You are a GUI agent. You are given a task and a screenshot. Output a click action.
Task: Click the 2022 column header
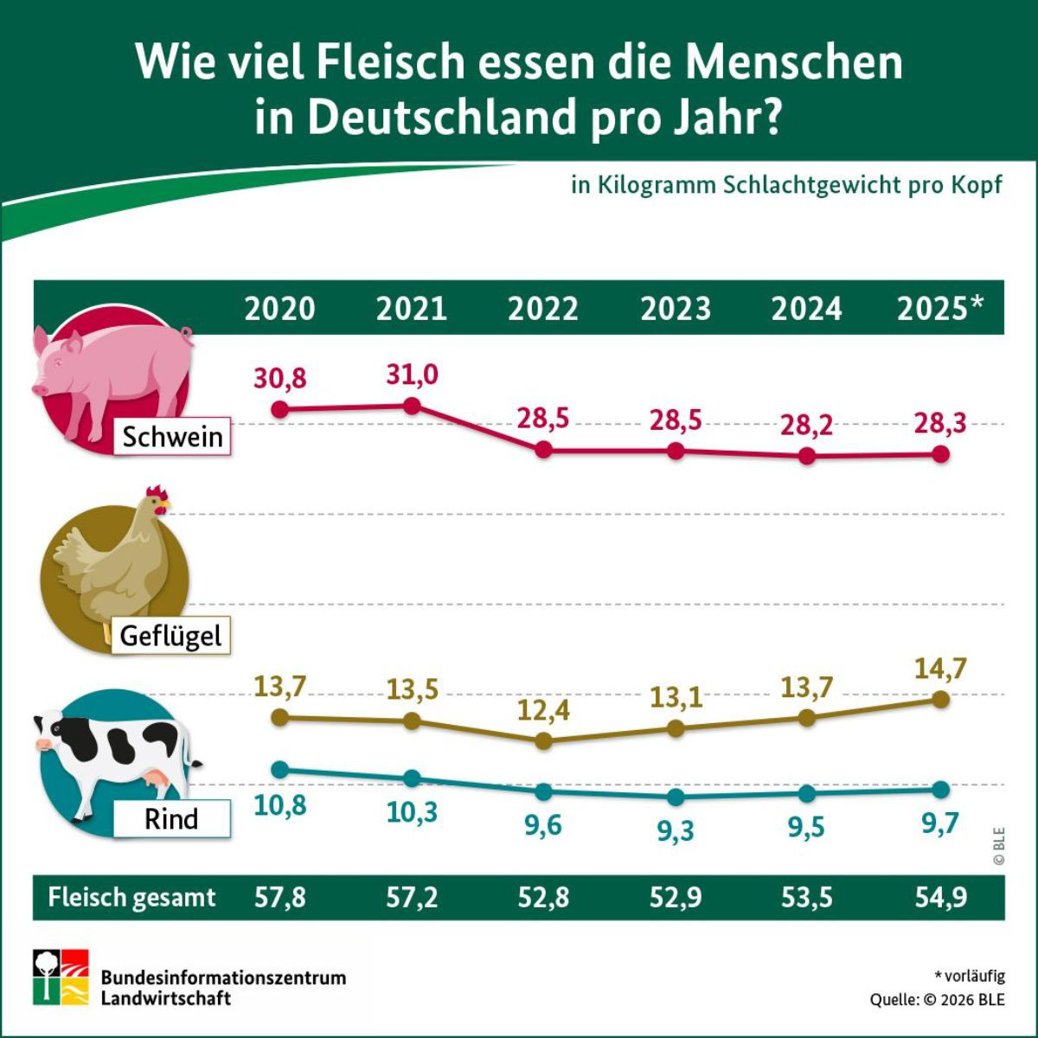click(542, 309)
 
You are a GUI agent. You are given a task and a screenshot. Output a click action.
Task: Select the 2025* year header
click(939, 309)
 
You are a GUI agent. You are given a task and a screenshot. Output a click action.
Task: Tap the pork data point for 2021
click(413, 406)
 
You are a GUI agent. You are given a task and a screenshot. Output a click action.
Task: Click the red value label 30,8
click(279, 379)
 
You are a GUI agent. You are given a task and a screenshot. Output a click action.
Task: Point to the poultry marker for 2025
click(941, 699)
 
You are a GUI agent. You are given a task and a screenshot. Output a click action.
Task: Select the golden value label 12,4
click(543, 712)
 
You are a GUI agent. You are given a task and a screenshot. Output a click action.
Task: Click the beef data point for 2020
click(279, 769)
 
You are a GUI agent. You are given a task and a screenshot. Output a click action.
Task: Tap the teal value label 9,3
click(676, 831)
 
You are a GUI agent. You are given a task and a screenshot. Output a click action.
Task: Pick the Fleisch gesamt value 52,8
click(543, 898)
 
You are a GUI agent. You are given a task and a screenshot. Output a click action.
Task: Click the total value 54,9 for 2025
click(941, 898)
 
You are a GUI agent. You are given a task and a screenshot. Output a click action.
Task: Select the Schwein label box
click(172, 437)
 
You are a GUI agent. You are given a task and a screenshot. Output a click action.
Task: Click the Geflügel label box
click(170, 637)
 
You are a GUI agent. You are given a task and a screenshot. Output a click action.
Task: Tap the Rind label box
click(171, 818)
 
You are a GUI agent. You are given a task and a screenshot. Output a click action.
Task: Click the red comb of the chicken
click(156, 494)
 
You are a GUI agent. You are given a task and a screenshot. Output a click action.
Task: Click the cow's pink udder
click(159, 781)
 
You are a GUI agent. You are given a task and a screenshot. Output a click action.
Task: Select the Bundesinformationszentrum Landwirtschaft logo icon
click(61, 977)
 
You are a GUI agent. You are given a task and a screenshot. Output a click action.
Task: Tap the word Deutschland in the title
click(441, 117)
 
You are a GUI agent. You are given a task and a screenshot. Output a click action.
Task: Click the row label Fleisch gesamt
click(131, 898)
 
